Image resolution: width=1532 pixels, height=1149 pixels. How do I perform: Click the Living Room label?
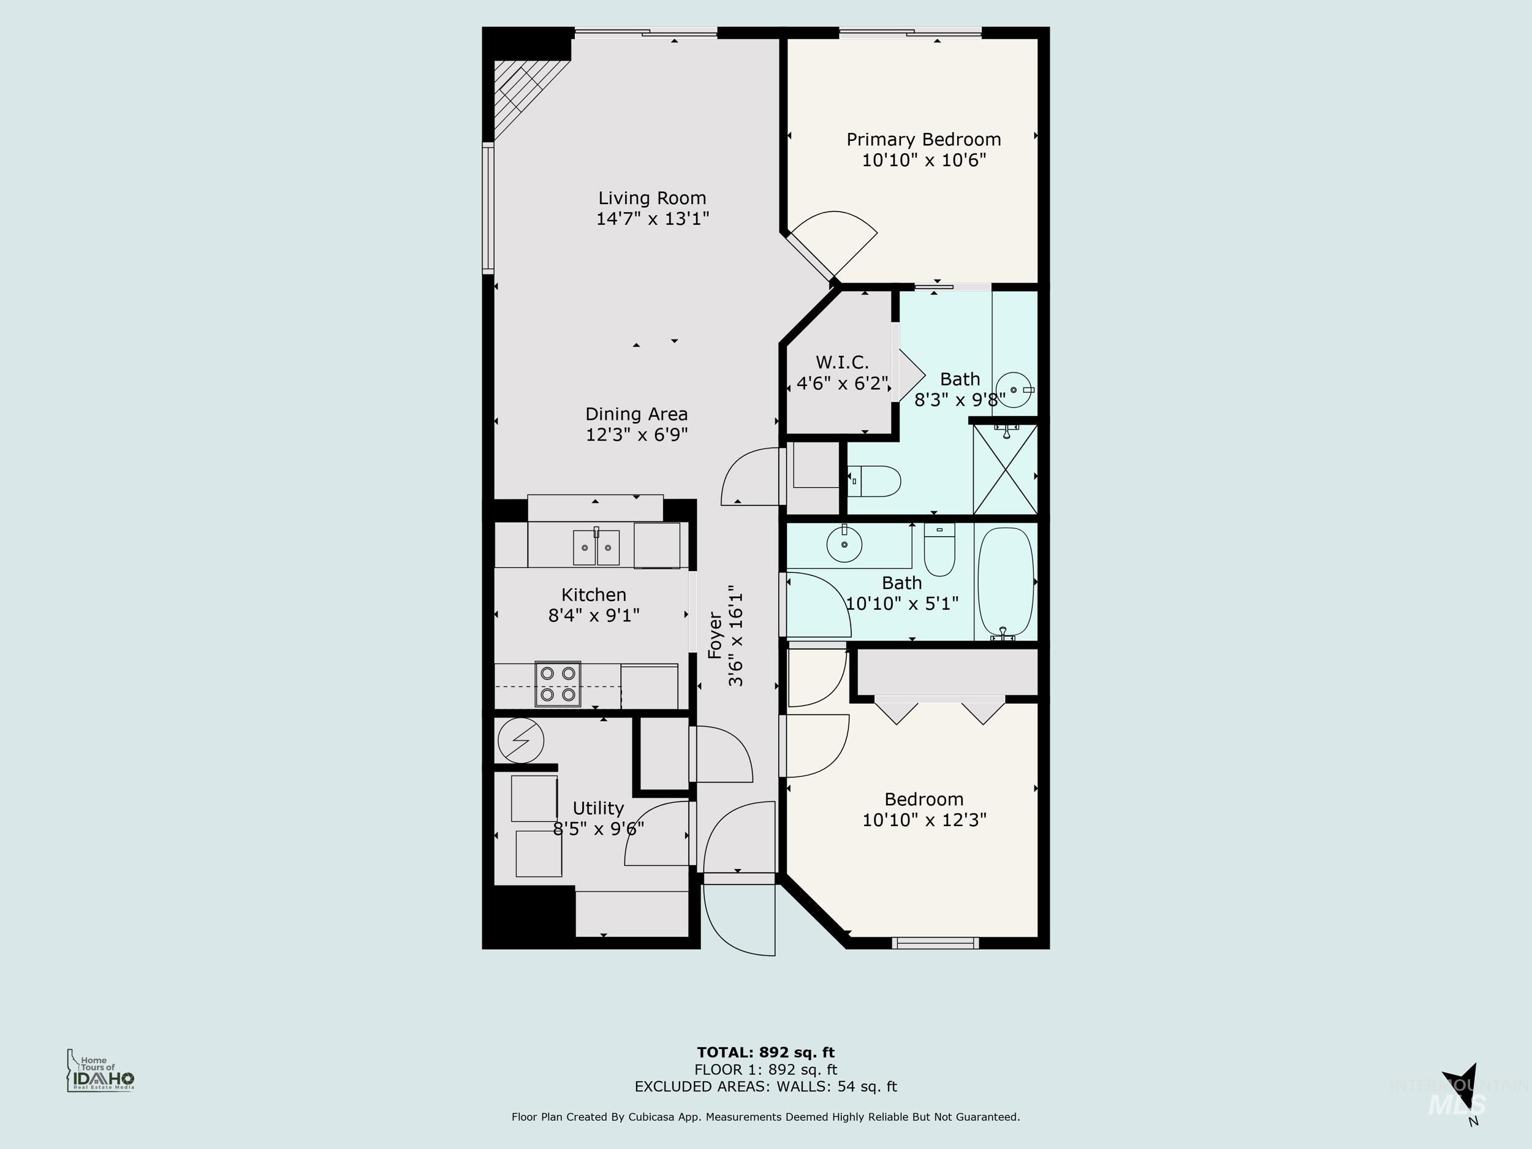[x=652, y=198]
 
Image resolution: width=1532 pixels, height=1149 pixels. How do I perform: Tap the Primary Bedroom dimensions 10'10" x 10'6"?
[x=923, y=160]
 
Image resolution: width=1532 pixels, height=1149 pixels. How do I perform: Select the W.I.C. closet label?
[x=841, y=362]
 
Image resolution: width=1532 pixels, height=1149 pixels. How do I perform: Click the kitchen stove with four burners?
[x=558, y=684]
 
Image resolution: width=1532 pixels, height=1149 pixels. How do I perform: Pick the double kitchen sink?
[x=596, y=547]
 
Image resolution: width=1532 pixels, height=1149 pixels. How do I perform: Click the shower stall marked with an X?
[x=1005, y=469]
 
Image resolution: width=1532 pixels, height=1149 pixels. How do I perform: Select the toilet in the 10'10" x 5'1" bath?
[x=939, y=551]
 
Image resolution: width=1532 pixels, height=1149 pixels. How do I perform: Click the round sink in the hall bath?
[x=844, y=544]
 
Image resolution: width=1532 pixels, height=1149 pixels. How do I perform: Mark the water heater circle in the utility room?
[x=521, y=740]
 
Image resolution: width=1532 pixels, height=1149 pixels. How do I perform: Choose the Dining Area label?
[x=636, y=414]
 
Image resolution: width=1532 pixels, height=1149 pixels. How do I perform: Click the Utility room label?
[x=597, y=808]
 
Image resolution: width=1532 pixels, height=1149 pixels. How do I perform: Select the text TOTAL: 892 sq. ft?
[x=765, y=1053]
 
